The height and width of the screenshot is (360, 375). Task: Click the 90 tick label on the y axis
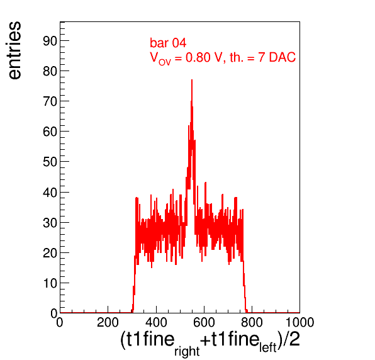(x=50, y=41)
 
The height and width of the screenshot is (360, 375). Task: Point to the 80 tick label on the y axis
(x=50, y=71)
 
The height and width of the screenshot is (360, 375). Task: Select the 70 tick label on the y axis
(x=50, y=101)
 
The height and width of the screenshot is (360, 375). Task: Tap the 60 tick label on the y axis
(x=50, y=132)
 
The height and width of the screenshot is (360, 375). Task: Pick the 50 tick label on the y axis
(x=50, y=162)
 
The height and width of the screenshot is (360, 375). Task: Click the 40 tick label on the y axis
(x=50, y=193)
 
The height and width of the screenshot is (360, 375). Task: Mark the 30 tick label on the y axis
(x=50, y=223)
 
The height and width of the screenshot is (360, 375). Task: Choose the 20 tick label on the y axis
(x=50, y=253)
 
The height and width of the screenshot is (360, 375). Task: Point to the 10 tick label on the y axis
(x=50, y=283)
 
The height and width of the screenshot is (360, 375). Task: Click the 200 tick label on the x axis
(x=108, y=322)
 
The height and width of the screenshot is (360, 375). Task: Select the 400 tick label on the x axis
(x=156, y=322)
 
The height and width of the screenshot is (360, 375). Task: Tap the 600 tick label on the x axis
(x=204, y=322)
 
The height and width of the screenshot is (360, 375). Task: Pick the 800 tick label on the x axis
(x=252, y=322)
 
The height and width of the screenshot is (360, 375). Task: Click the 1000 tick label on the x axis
(x=299, y=322)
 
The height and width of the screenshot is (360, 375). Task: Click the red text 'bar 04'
(x=168, y=43)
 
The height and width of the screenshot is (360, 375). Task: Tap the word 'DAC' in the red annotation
(x=283, y=57)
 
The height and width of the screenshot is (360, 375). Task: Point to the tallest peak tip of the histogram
(x=192, y=80)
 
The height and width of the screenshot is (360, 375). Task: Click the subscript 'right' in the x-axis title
(x=187, y=351)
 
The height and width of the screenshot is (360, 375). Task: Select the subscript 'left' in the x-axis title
(x=268, y=347)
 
